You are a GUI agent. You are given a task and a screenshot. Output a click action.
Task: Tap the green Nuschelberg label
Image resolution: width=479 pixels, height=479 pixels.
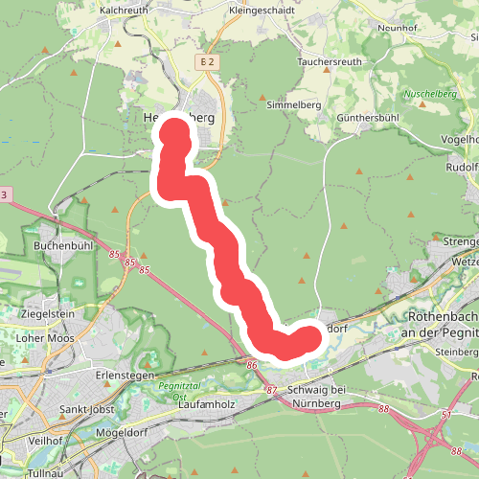[428, 94]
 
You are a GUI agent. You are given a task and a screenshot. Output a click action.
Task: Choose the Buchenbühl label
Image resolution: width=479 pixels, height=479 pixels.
[61, 245]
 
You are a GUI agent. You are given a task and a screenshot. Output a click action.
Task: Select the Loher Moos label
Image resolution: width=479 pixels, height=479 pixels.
[47, 338]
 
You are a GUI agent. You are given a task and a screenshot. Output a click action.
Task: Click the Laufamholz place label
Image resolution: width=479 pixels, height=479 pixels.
[206, 406]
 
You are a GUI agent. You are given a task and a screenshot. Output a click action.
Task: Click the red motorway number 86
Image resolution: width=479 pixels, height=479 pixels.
[251, 365]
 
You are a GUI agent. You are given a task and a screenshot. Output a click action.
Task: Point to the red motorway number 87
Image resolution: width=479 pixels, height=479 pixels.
[271, 390]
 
